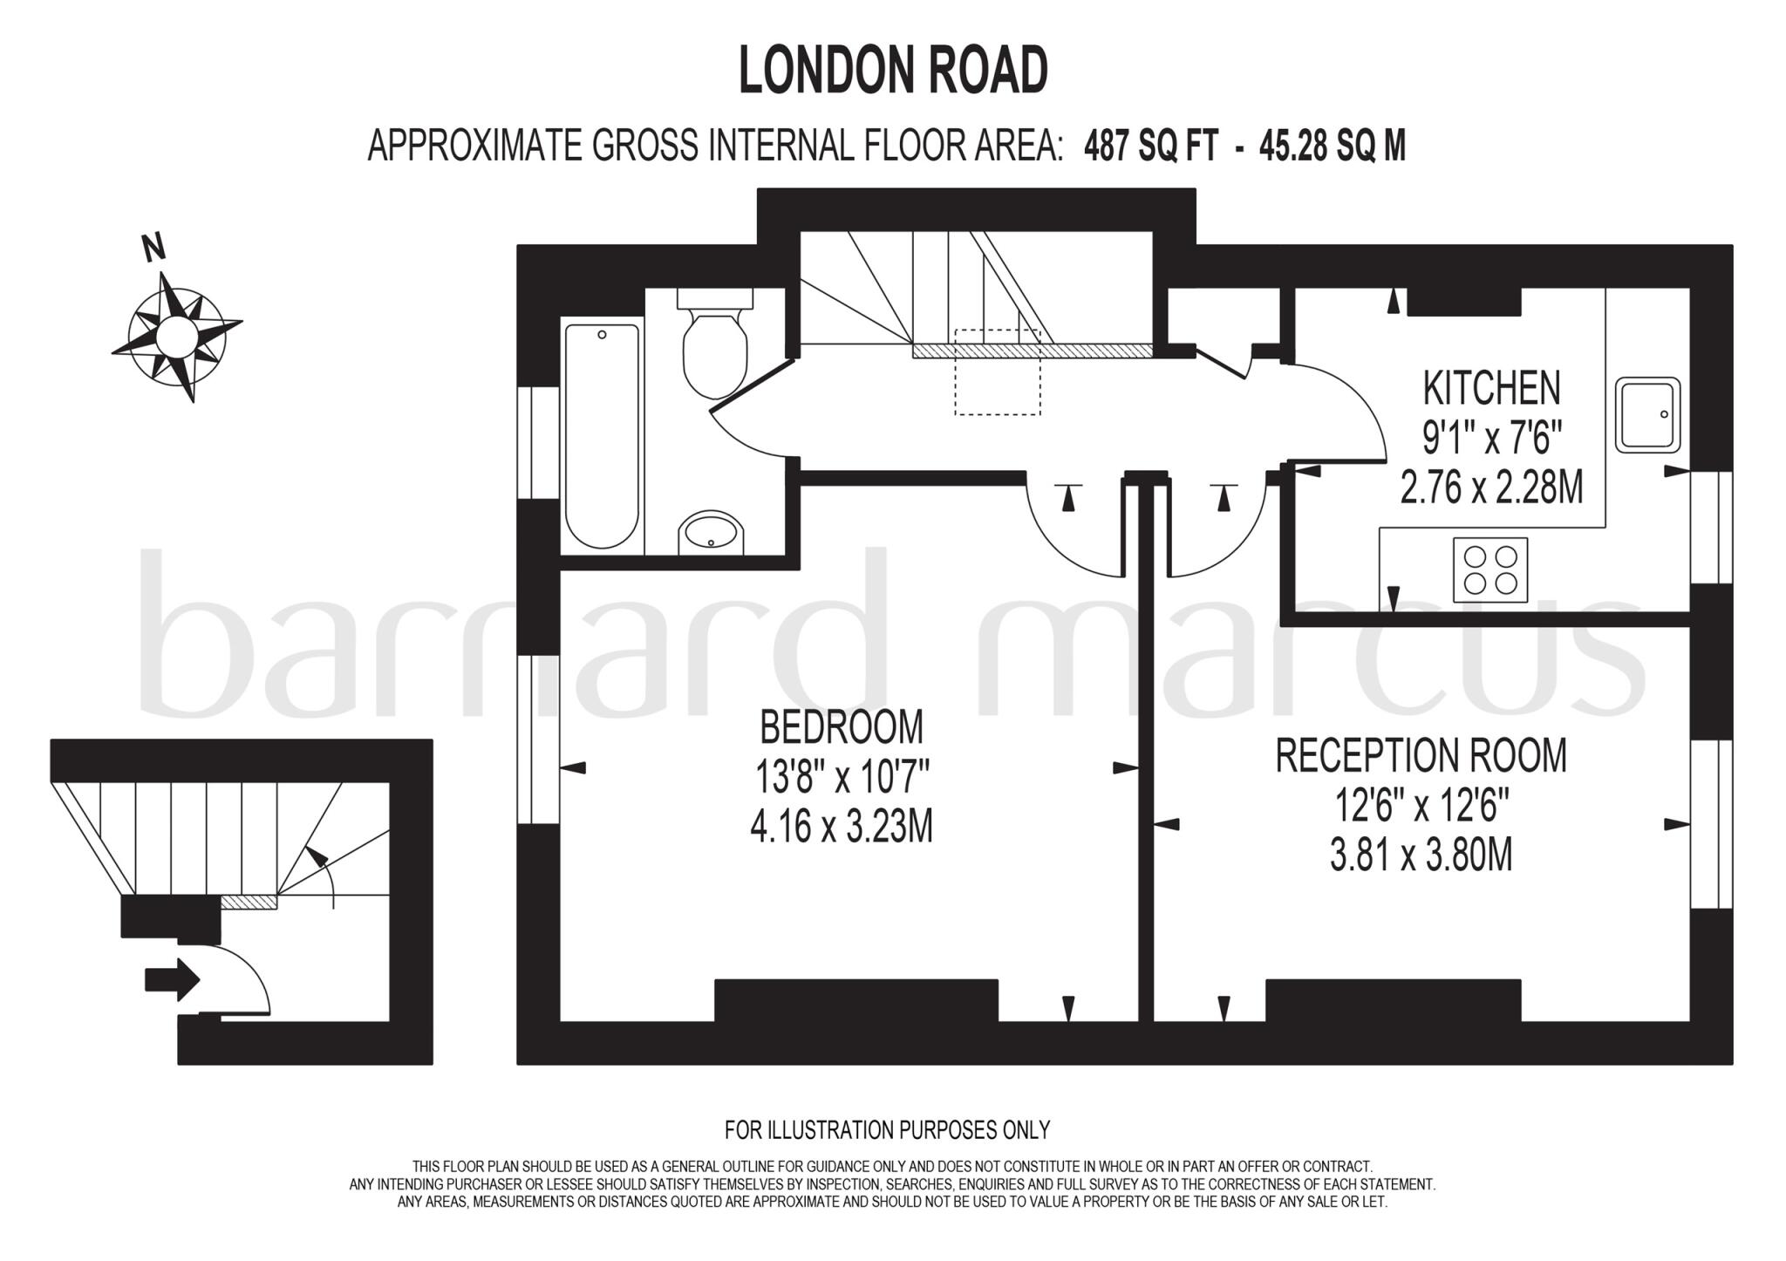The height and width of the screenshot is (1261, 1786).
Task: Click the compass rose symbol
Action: (177, 335)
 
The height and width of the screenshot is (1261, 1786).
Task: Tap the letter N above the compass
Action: (154, 248)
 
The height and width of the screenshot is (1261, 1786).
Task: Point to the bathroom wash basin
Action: (712, 532)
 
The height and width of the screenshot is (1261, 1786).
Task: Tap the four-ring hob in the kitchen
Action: (1490, 569)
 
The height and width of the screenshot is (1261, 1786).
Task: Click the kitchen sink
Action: (1647, 415)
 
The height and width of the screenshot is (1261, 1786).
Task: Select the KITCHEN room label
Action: (1491, 388)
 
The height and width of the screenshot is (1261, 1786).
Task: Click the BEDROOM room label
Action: (842, 726)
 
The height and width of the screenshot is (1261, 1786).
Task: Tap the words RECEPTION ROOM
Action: (1421, 755)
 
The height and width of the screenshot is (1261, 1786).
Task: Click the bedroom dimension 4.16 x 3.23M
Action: (842, 826)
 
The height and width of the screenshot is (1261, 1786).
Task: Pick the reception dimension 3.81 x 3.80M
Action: (1421, 855)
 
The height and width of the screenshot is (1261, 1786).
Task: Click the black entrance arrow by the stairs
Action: (172, 979)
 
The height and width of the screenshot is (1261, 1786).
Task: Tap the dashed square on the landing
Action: (998, 372)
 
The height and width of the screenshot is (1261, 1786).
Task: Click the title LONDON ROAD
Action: (893, 71)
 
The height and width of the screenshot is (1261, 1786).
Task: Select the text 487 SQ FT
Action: (1150, 146)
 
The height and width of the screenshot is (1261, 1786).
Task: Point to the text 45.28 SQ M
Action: (1333, 146)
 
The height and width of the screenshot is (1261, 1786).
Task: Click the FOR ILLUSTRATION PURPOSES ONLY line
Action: (887, 1130)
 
